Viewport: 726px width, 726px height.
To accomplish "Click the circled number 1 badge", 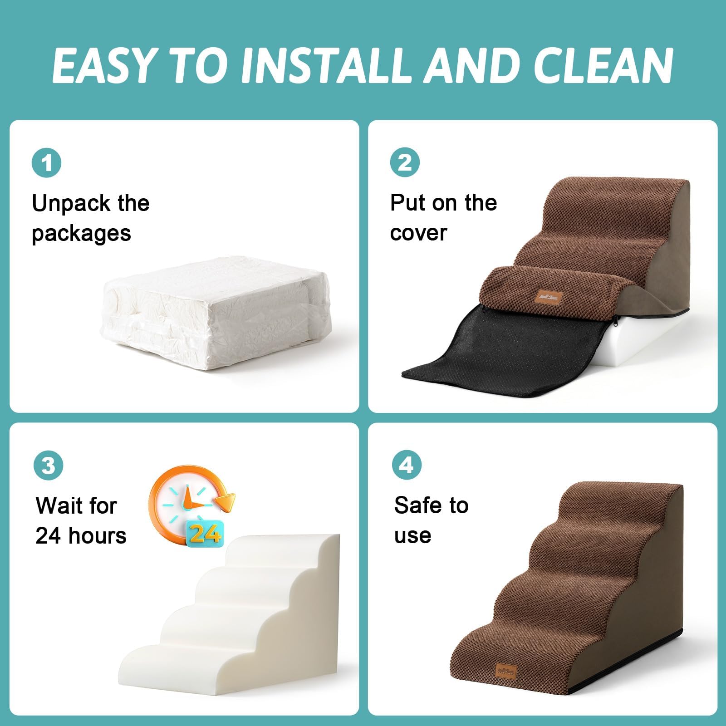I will point(47,163).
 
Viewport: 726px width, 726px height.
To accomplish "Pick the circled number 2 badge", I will point(405,163).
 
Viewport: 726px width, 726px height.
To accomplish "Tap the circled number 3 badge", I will point(48,466).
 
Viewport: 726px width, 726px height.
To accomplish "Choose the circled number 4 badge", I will point(407,466).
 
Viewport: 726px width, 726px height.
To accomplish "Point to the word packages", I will point(81,234).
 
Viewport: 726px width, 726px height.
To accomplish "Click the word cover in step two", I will point(418,234).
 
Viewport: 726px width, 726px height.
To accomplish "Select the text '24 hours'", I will point(81,536).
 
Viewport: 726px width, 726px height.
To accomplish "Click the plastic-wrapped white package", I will point(217,313).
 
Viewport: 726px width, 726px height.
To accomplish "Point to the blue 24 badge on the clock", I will point(205,533).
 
